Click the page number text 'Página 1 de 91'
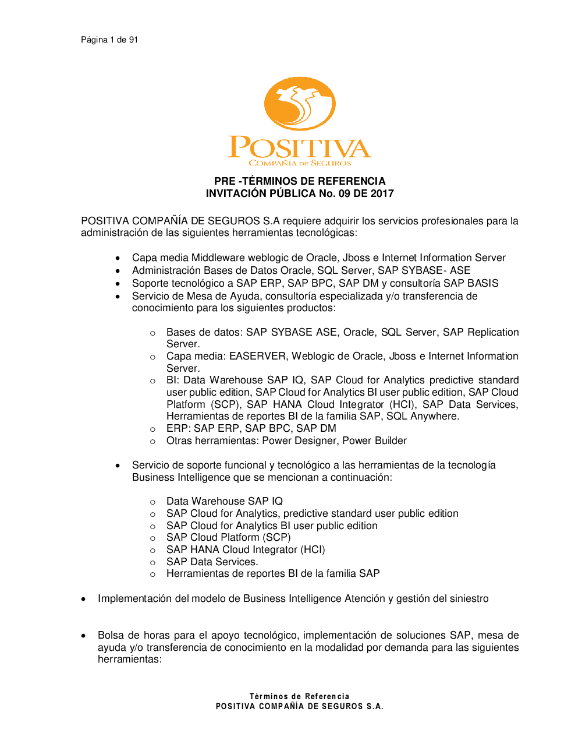(x=109, y=40)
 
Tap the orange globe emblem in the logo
(x=300, y=104)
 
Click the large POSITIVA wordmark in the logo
(x=300, y=147)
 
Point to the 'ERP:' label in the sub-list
(x=179, y=428)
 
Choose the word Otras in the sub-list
(x=180, y=441)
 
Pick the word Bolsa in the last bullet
(x=111, y=635)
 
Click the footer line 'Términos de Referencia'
(x=300, y=696)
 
